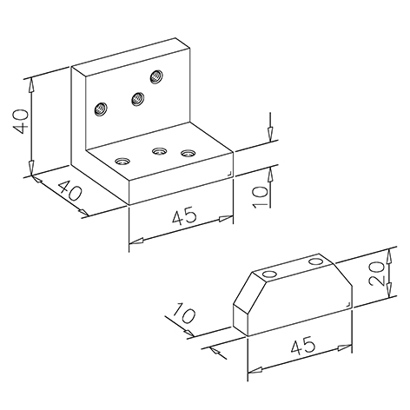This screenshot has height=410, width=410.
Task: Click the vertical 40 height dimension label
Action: click(x=21, y=122)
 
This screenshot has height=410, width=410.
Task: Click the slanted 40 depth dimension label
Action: click(x=69, y=190)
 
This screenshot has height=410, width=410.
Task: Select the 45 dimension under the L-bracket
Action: click(x=184, y=215)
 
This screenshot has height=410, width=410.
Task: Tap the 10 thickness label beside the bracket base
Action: click(x=260, y=196)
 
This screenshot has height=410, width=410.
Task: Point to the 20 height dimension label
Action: click(x=377, y=274)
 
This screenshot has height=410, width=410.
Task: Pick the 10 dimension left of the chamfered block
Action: click(x=184, y=313)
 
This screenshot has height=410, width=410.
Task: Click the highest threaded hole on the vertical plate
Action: click(x=156, y=76)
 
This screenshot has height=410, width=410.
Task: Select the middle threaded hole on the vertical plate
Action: click(x=137, y=99)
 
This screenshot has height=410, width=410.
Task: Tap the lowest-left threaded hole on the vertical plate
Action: click(x=101, y=109)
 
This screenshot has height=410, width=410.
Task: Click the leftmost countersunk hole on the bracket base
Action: click(x=122, y=161)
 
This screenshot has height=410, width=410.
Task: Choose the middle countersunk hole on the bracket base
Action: click(x=160, y=151)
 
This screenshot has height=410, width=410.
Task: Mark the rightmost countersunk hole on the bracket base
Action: click(x=188, y=152)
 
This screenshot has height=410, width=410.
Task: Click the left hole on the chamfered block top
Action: click(x=269, y=274)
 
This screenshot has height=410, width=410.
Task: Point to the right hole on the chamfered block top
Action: click(x=316, y=261)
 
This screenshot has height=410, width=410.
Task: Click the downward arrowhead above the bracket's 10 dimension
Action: click(x=270, y=134)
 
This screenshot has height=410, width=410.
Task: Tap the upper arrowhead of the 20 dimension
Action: click(x=389, y=256)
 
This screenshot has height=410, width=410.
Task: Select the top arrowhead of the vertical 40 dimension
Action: click(x=31, y=85)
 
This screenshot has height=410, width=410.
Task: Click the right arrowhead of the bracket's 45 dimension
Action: click(x=226, y=218)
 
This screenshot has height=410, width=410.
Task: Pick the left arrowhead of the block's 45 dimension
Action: click(x=255, y=370)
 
